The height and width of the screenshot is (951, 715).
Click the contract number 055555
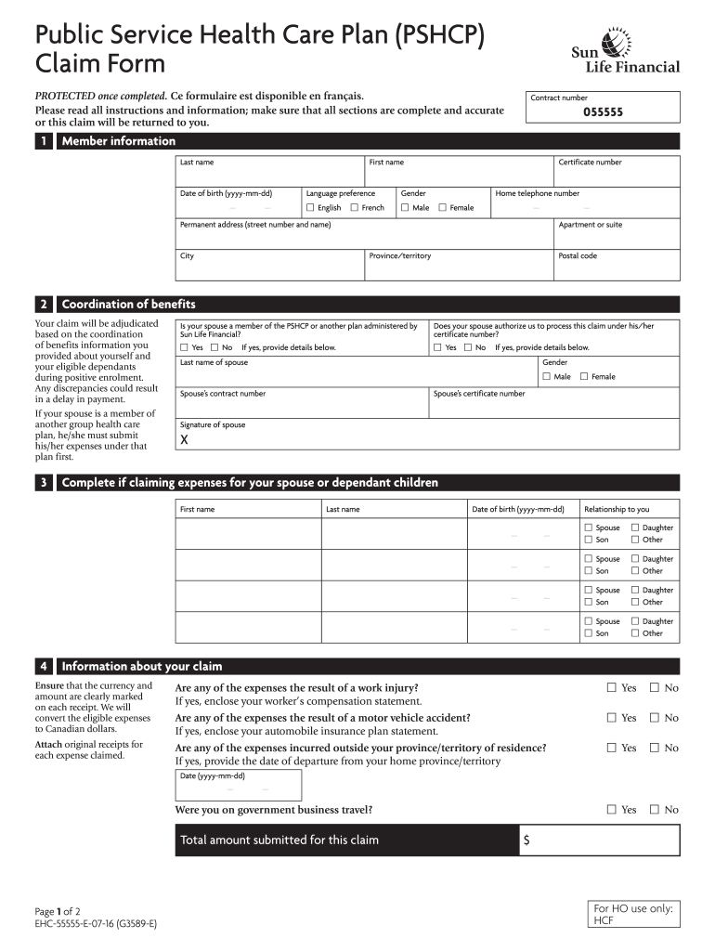(603, 112)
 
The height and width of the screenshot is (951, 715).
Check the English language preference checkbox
(310, 208)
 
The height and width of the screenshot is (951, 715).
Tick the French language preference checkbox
(355, 208)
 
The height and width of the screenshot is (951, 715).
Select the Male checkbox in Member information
(405, 208)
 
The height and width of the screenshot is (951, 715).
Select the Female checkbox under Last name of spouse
(584, 377)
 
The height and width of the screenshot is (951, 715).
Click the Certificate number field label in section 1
(590, 163)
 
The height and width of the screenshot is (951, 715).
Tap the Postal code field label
(578, 256)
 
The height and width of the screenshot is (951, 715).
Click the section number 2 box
(43, 305)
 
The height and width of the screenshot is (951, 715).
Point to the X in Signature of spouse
(185, 440)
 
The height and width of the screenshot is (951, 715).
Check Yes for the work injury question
(611, 688)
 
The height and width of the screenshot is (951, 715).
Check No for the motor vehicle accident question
(655, 718)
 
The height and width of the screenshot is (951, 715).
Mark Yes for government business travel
(611, 810)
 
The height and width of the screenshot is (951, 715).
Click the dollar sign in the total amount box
(526, 840)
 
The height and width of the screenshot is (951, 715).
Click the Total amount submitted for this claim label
(279, 840)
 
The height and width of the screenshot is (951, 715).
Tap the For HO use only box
(633, 914)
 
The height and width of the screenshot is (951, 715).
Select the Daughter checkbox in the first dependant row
(636, 528)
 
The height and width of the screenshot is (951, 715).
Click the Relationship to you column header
(617, 509)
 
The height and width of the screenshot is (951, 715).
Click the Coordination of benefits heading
(128, 305)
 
